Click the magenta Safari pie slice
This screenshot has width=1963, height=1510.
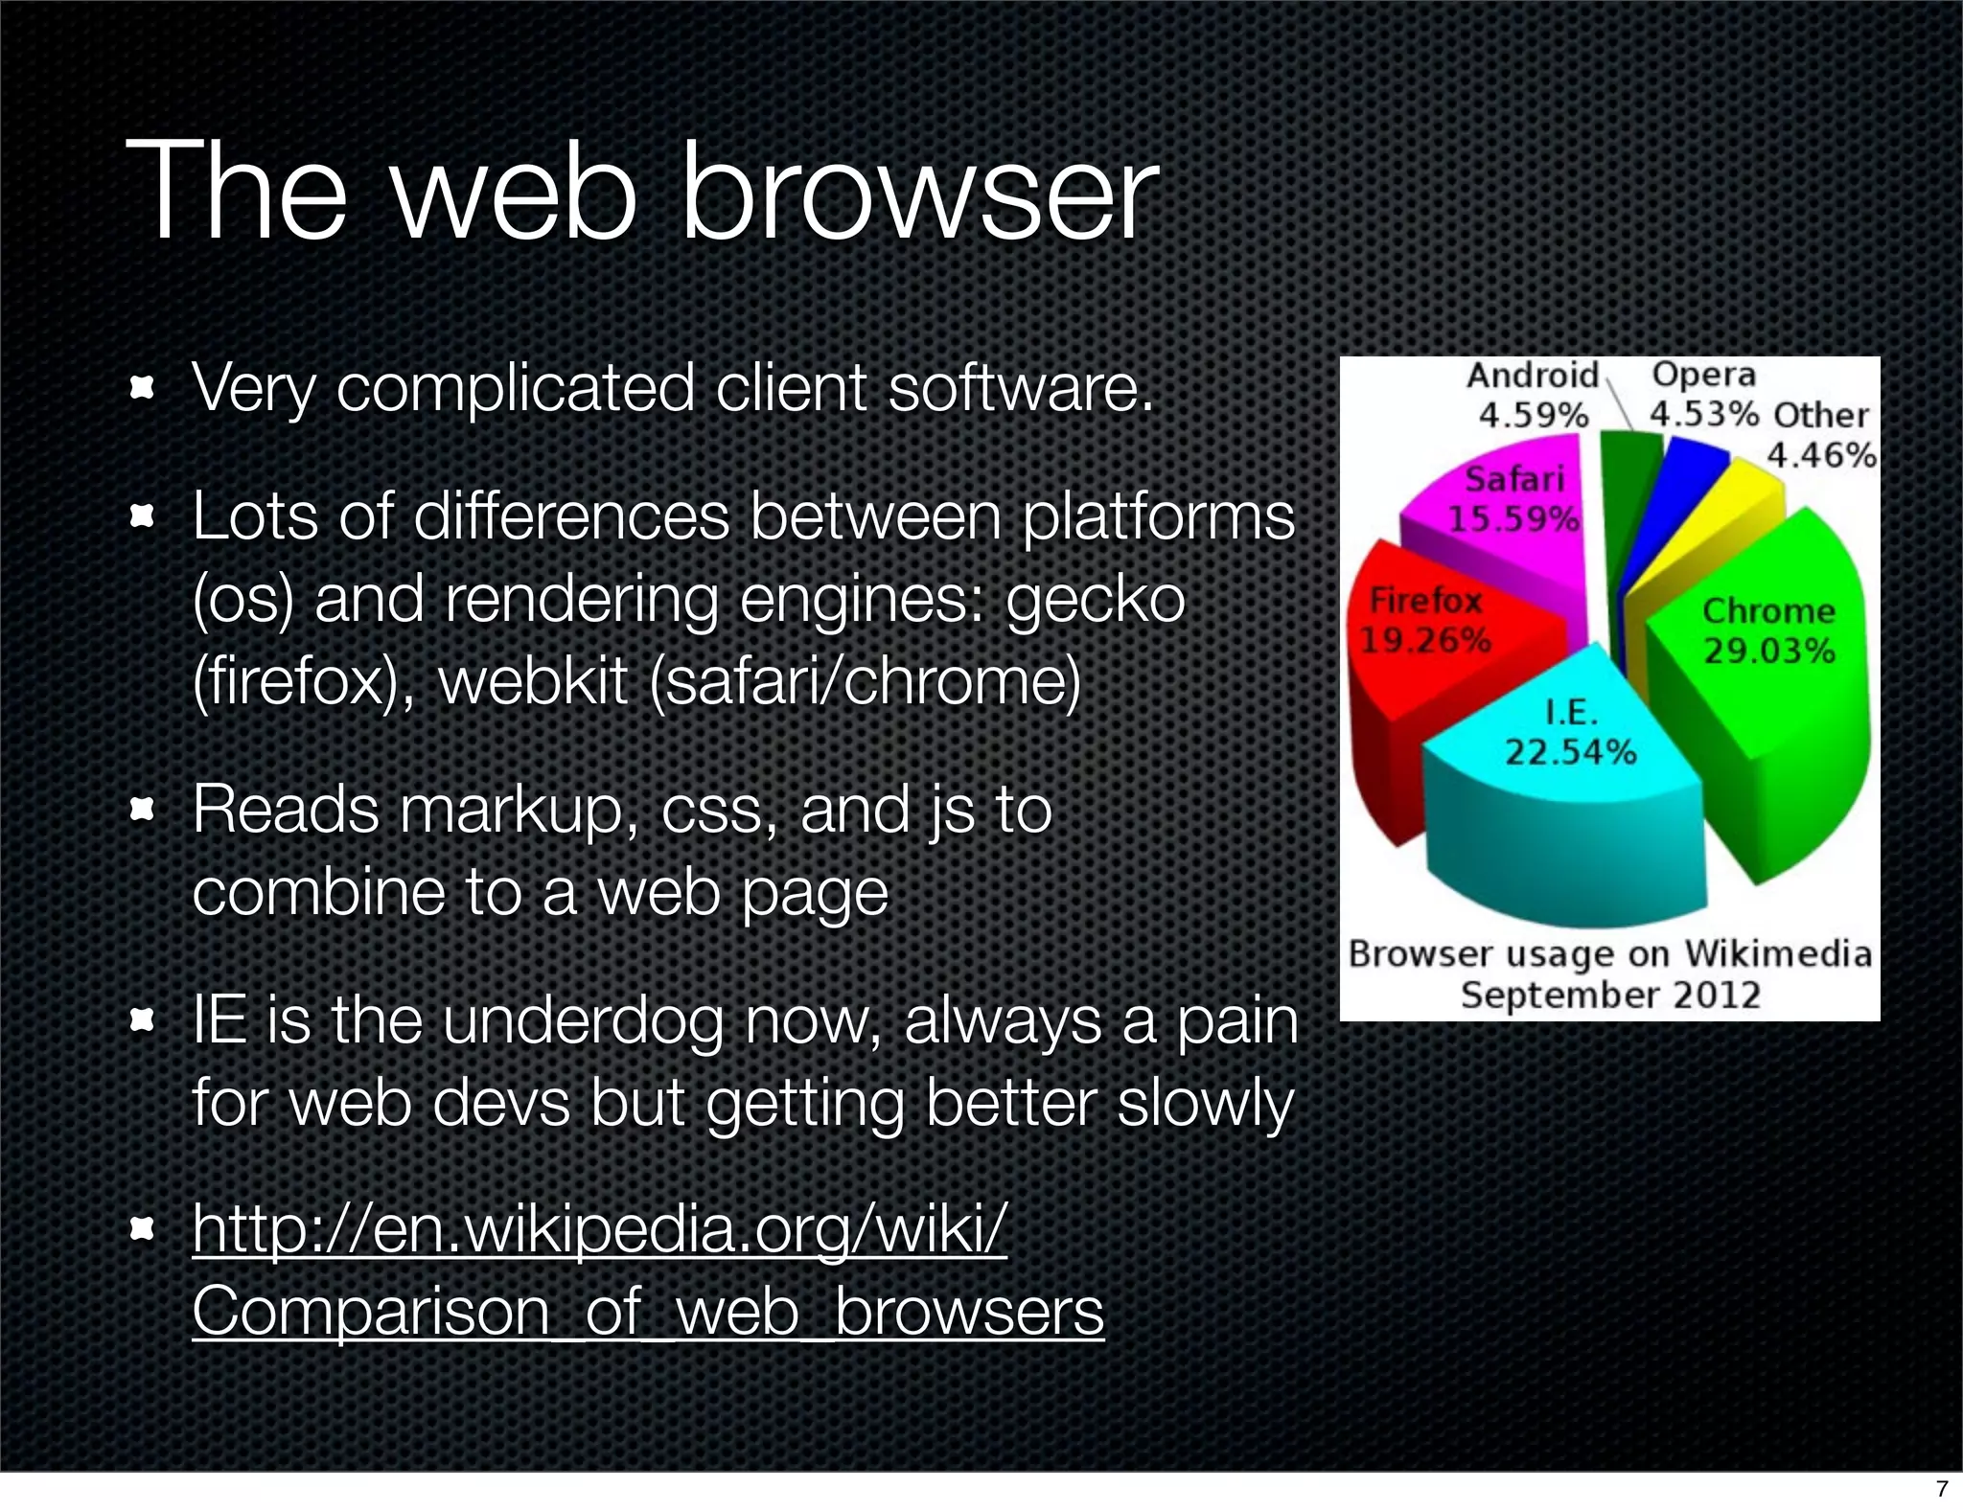click(x=1495, y=556)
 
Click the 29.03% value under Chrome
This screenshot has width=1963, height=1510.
click(x=1768, y=652)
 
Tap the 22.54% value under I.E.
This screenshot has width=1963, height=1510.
click(x=1570, y=752)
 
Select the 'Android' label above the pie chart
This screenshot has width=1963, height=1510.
click(x=1532, y=376)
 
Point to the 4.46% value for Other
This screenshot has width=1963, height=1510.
click(x=1820, y=454)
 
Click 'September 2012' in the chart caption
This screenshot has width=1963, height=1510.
click(x=1610, y=995)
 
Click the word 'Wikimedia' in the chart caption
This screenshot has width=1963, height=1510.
click(x=1778, y=954)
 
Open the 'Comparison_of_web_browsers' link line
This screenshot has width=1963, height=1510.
click(x=648, y=1311)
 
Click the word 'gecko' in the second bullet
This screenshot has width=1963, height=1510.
click(x=1096, y=600)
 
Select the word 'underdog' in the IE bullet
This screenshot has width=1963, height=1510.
click(x=583, y=1020)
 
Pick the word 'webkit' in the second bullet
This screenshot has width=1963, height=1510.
click(x=533, y=681)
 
